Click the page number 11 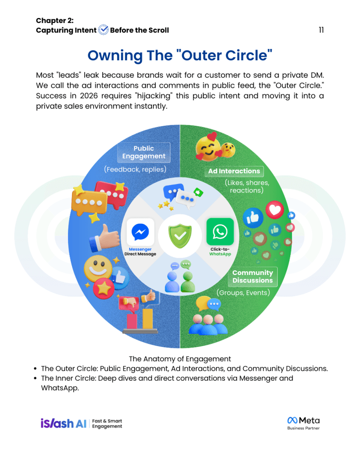tap(321, 30)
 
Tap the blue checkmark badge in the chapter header tap(103, 30)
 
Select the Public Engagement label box tap(144, 152)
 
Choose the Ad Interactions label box tap(234, 171)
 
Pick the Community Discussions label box tap(252, 276)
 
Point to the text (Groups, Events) tap(243, 292)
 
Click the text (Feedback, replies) tap(135, 169)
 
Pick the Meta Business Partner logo tap(304, 423)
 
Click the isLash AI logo tap(63, 423)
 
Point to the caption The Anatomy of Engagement tap(180, 359)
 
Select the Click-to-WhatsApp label tap(220, 252)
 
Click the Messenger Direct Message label tap(140, 252)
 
